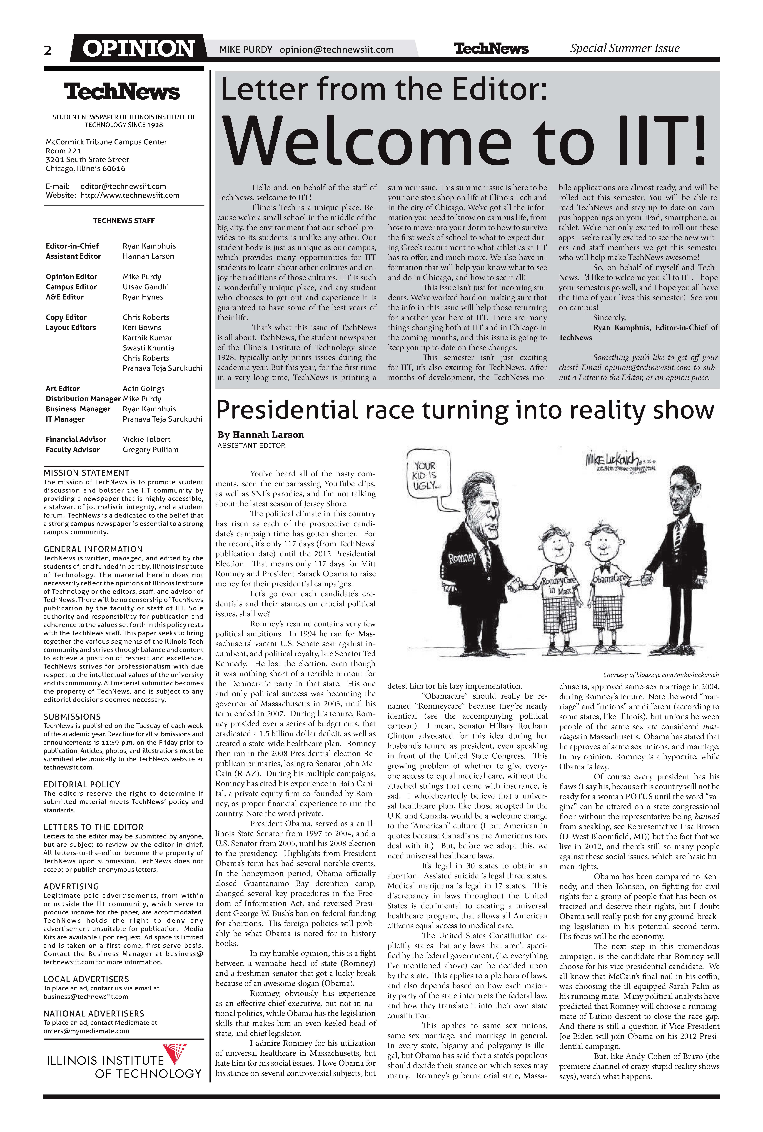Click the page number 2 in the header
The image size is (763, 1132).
[x=48, y=50]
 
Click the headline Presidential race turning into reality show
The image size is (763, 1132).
[x=465, y=410]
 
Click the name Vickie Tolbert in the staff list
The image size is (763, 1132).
[x=147, y=439]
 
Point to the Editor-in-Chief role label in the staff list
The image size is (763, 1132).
[x=72, y=246]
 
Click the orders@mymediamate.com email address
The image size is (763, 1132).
[x=86, y=1031]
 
